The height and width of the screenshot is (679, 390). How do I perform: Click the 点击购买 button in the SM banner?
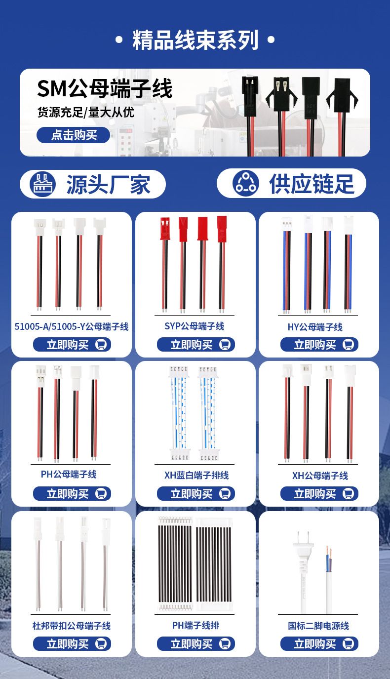74,135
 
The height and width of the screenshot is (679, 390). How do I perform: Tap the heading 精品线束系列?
195,40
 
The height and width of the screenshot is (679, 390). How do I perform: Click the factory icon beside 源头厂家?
43,184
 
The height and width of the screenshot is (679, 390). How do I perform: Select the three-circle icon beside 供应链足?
245,183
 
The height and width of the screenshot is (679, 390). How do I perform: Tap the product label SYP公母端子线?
194,326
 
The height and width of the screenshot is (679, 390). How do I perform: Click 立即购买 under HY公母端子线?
319,345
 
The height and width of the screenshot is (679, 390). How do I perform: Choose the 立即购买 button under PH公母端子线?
72,494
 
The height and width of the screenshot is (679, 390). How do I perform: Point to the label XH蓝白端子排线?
196,475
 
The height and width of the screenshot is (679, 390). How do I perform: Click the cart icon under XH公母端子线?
348,494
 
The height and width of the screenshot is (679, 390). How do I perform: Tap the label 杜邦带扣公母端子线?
72,626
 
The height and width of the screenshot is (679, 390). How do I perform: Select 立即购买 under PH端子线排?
196,643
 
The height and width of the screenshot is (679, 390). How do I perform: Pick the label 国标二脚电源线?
318,626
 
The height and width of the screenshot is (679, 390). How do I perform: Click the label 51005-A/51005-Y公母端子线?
72,326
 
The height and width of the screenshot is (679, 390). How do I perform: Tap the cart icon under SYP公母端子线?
225,345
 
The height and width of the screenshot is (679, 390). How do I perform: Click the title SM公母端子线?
105,88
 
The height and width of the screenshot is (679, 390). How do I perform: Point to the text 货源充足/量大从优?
86,112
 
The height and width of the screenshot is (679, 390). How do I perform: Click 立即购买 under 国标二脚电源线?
319,643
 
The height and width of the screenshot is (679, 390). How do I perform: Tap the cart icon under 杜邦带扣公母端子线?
101,643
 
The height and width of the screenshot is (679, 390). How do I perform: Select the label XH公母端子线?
320,476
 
